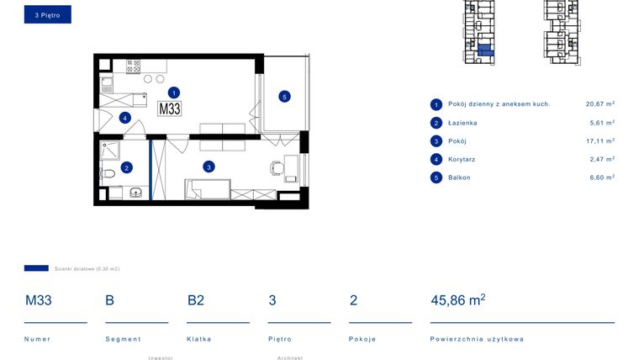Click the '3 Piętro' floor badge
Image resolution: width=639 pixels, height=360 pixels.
(47, 15)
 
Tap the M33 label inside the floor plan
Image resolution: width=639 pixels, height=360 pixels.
(170, 109)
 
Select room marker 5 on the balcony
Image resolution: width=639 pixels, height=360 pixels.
(284, 97)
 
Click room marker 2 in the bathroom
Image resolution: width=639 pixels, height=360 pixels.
(126, 167)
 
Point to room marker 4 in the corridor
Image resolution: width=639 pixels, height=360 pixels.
(124, 118)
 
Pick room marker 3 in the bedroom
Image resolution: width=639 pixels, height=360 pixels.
(208, 167)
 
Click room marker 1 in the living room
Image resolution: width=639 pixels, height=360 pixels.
(173, 93)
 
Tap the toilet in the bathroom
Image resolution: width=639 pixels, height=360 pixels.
(108, 174)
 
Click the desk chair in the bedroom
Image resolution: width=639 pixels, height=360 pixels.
(276, 167)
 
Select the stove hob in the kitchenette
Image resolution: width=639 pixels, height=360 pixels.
(132, 64)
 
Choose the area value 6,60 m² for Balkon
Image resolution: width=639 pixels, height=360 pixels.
(599, 177)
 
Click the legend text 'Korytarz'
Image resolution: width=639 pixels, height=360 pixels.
(462, 159)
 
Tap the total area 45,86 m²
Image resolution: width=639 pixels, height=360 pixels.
(457, 300)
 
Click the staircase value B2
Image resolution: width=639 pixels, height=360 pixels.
(195, 300)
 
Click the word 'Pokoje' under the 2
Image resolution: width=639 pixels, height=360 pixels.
(362, 339)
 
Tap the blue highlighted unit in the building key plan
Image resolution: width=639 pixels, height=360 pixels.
(484, 50)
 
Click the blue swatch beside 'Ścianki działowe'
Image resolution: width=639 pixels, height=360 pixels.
(36, 268)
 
